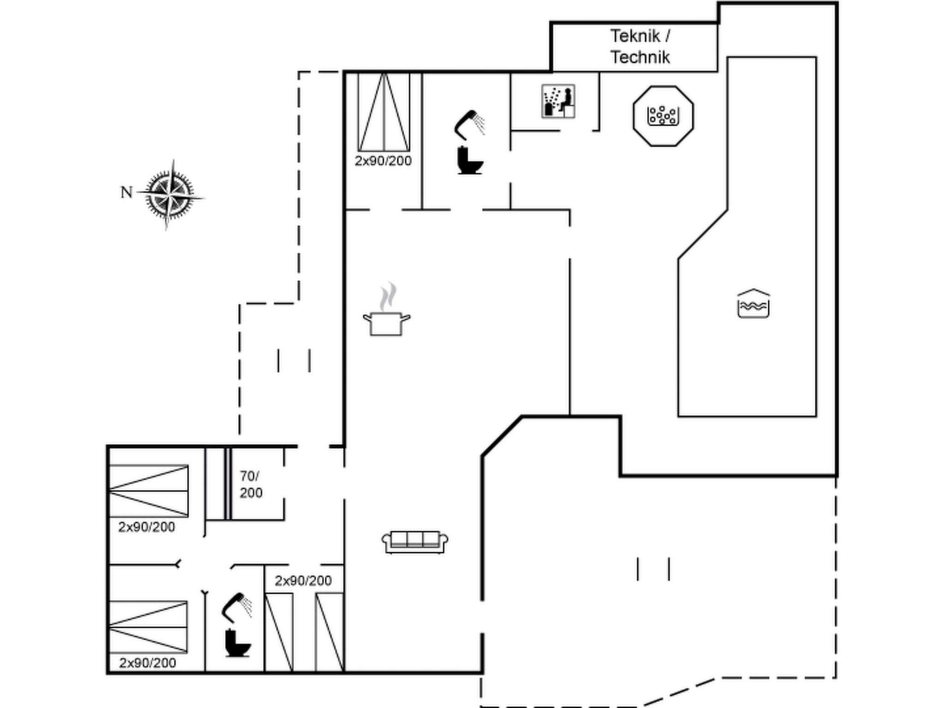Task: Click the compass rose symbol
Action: coord(170,194)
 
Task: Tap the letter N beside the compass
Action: coord(126,192)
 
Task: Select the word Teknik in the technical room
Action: coord(634,36)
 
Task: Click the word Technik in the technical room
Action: coord(640,57)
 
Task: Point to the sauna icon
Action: coord(558,101)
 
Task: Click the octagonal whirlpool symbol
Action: coord(663,116)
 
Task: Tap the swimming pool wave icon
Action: coord(753,304)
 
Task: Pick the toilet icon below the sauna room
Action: coord(470,160)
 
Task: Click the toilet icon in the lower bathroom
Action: coord(237,643)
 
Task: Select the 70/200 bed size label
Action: coord(251,484)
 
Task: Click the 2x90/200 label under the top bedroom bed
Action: coord(383,161)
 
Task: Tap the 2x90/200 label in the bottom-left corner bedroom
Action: coord(147,663)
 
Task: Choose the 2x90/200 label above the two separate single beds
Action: coord(303,581)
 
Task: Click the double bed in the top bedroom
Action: coord(384,112)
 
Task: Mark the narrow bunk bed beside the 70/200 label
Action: coord(218,484)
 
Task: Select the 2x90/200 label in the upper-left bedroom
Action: coord(147,527)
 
